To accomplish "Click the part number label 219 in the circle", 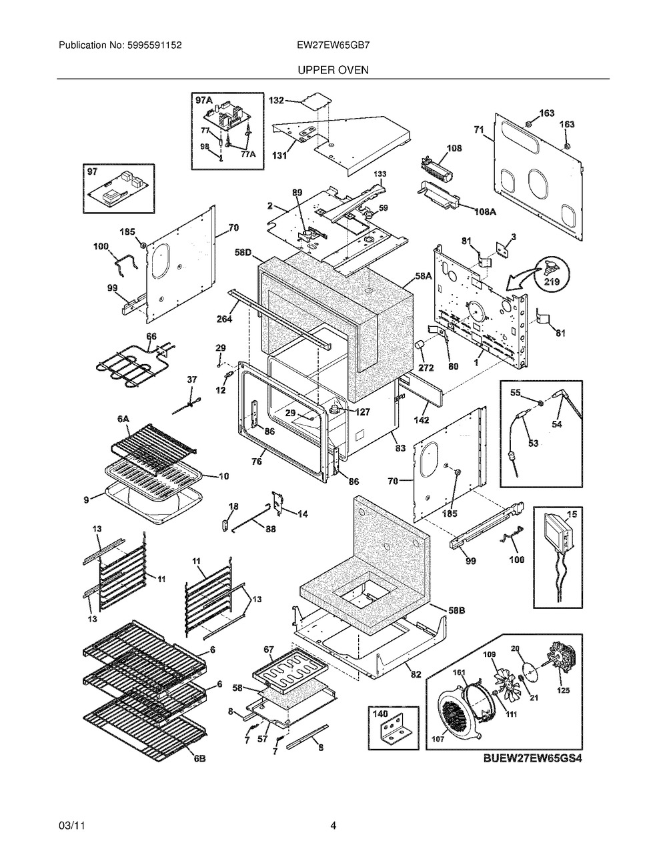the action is pyautogui.click(x=552, y=281).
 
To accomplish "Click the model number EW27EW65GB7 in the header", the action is pyautogui.click(x=333, y=45).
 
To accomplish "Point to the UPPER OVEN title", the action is pyautogui.click(x=333, y=70).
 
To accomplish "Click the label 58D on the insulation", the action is pyautogui.click(x=243, y=252).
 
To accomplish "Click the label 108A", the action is pyautogui.click(x=485, y=211).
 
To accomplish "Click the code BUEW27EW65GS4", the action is pyautogui.click(x=532, y=759).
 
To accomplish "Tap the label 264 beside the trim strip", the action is pyautogui.click(x=224, y=319).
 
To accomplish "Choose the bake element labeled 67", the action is pyautogui.click(x=291, y=669).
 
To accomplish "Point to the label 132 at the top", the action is pyautogui.click(x=276, y=101).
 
